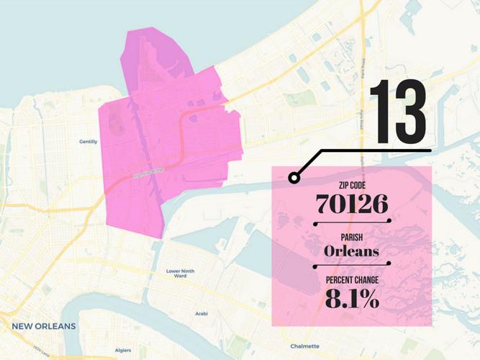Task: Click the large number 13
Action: (x=398, y=112)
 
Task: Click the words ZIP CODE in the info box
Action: (x=352, y=186)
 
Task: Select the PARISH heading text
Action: (x=352, y=238)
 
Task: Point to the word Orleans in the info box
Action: (x=352, y=252)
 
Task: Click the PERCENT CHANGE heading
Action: (x=352, y=281)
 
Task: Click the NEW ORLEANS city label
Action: (x=43, y=326)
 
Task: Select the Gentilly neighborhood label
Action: (x=88, y=142)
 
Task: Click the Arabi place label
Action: (x=201, y=314)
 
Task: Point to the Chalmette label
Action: (x=305, y=346)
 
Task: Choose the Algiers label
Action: (x=124, y=351)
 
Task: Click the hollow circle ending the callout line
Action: (x=293, y=177)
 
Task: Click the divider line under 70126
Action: (x=352, y=222)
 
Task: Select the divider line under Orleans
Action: (x=352, y=264)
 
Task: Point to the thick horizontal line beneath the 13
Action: (x=374, y=150)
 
